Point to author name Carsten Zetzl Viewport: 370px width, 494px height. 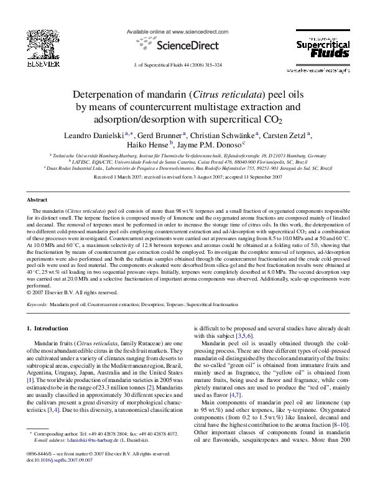(x=290, y=135)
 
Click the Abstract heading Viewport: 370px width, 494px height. (x=37, y=200)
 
